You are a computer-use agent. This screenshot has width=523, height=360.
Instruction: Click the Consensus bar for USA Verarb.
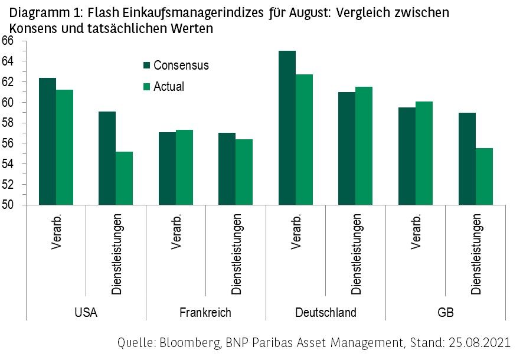(x=47, y=142)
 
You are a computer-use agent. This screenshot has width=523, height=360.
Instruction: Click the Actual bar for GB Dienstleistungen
(x=483, y=176)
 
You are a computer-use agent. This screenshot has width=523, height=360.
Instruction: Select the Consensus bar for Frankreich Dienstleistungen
(x=227, y=169)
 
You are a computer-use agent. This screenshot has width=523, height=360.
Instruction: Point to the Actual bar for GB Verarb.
(x=424, y=153)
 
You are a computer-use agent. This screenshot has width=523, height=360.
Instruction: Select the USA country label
(x=86, y=312)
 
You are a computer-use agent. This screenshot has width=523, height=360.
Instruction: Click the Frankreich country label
(x=205, y=312)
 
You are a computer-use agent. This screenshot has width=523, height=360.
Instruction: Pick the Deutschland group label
(x=325, y=312)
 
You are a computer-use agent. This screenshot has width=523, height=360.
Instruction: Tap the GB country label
(x=446, y=312)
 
